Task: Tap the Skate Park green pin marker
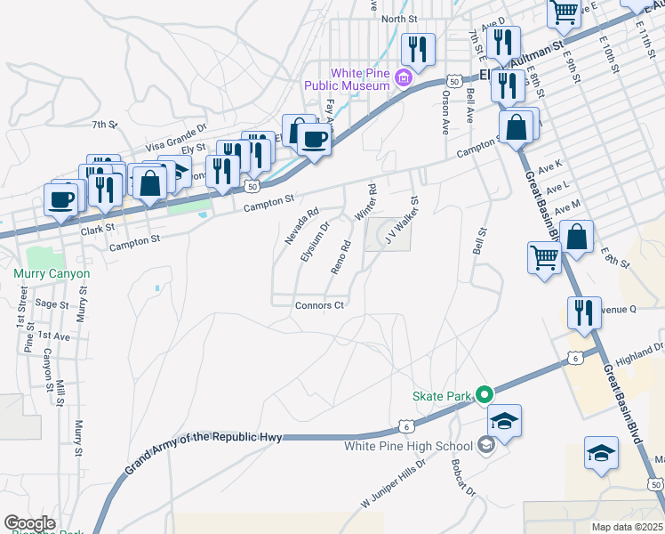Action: [484, 393]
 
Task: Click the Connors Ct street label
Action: [319, 305]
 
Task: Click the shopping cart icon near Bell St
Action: [544, 258]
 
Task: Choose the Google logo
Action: [29, 523]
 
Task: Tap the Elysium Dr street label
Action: [315, 240]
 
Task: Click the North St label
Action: [399, 19]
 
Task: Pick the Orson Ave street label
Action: [445, 112]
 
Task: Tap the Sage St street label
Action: [52, 303]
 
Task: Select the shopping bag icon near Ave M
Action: [577, 238]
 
